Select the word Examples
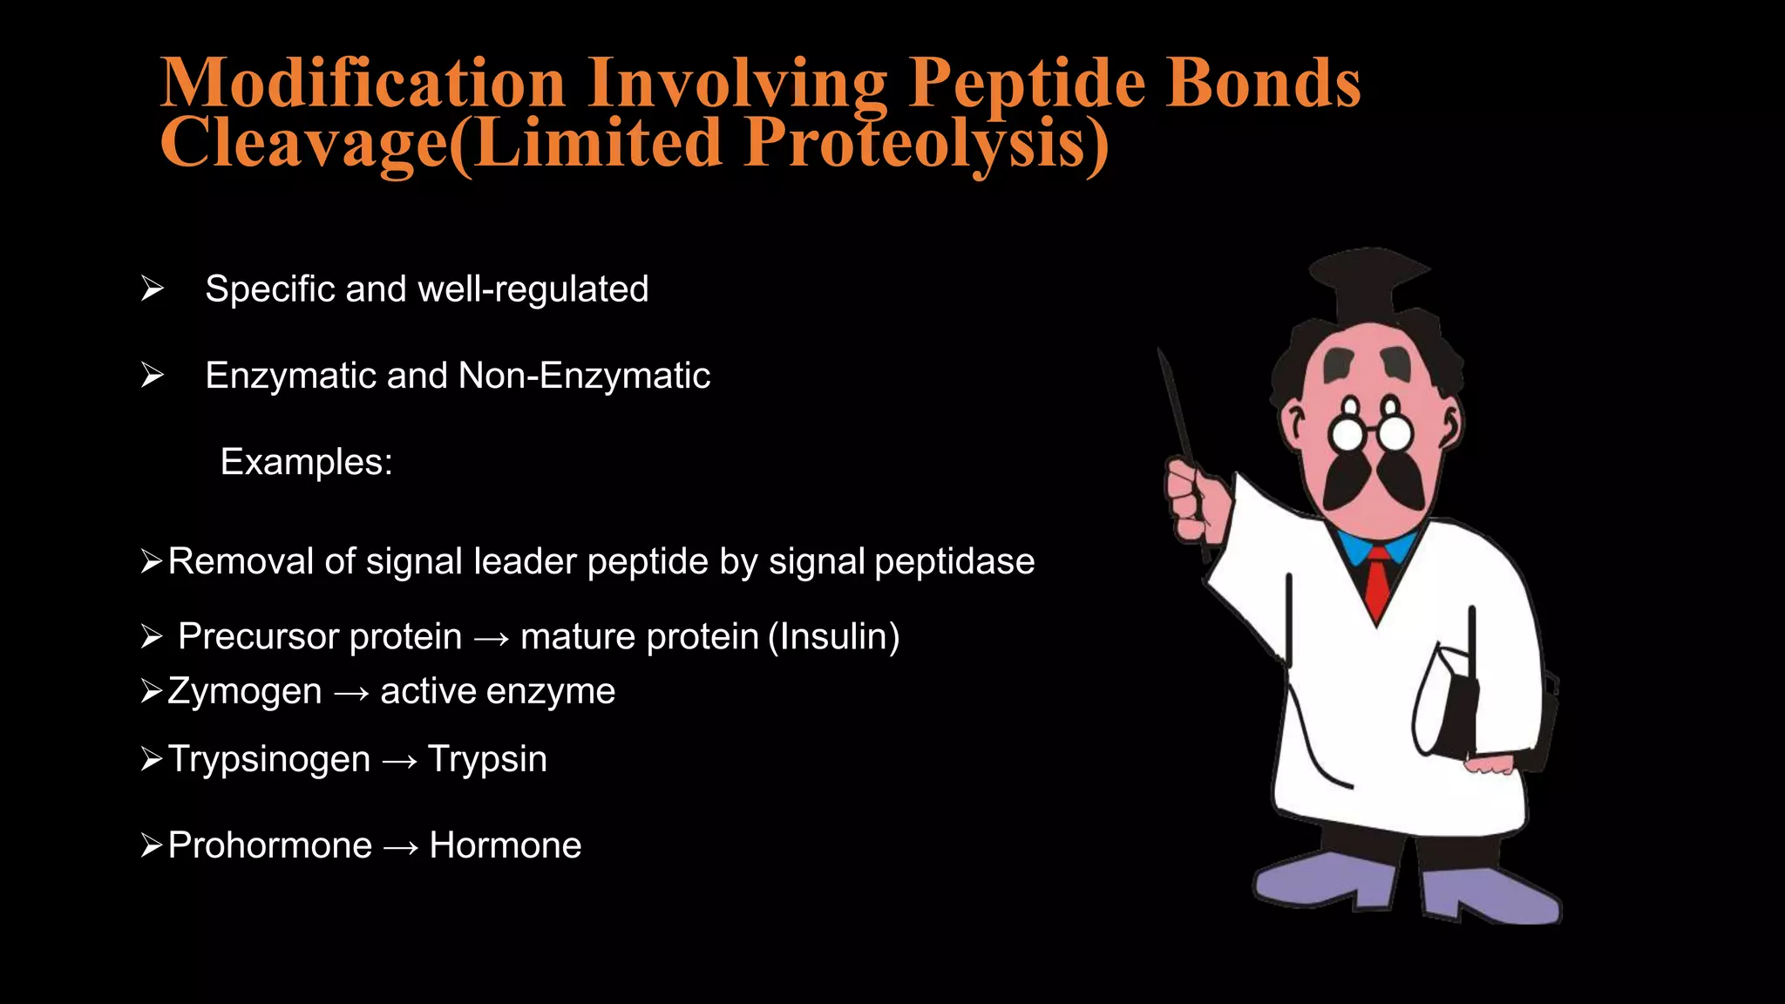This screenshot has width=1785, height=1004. coord(306,462)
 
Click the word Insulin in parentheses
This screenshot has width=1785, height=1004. coord(833,637)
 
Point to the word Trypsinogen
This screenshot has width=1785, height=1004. coord(269,759)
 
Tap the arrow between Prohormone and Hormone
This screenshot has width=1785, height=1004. coord(400,847)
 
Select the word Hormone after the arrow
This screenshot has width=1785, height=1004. coord(505,846)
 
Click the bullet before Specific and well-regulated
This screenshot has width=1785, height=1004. coord(152,288)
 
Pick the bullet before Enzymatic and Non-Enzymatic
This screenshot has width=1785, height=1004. coord(152,376)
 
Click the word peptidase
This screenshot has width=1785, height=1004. coord(954,562)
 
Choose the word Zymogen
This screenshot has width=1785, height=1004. coord(245,692)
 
